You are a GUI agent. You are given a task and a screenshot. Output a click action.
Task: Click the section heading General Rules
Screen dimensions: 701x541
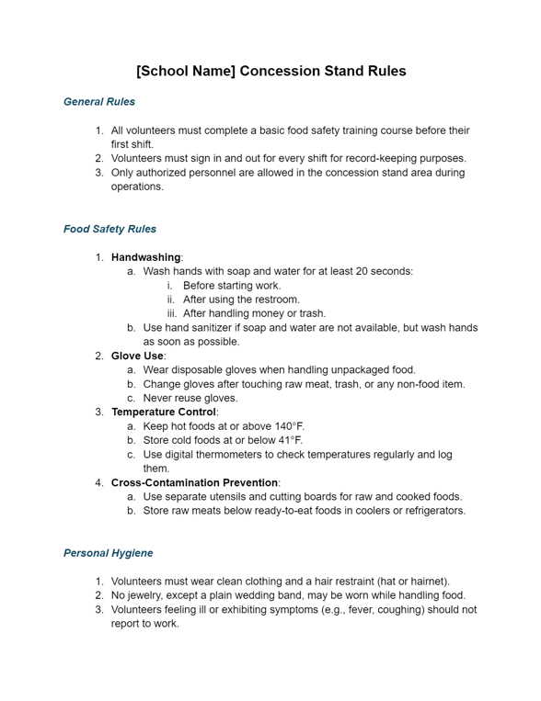pos(99,102)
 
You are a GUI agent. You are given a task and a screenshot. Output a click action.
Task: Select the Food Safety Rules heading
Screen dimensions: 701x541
pos(109,229)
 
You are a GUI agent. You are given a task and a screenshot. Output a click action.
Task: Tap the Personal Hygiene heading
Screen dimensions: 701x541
pos(108,553)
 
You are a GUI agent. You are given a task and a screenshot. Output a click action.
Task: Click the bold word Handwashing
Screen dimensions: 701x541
pos(145,257)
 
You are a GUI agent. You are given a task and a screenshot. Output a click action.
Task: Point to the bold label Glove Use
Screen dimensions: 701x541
pos(137,356)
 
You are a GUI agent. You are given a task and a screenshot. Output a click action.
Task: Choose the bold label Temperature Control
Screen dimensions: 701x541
pos(163,412)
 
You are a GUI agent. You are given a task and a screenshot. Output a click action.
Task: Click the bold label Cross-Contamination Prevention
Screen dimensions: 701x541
pos(195,482)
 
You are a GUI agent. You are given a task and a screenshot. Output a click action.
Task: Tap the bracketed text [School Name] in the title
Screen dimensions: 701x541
pos(185,71)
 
